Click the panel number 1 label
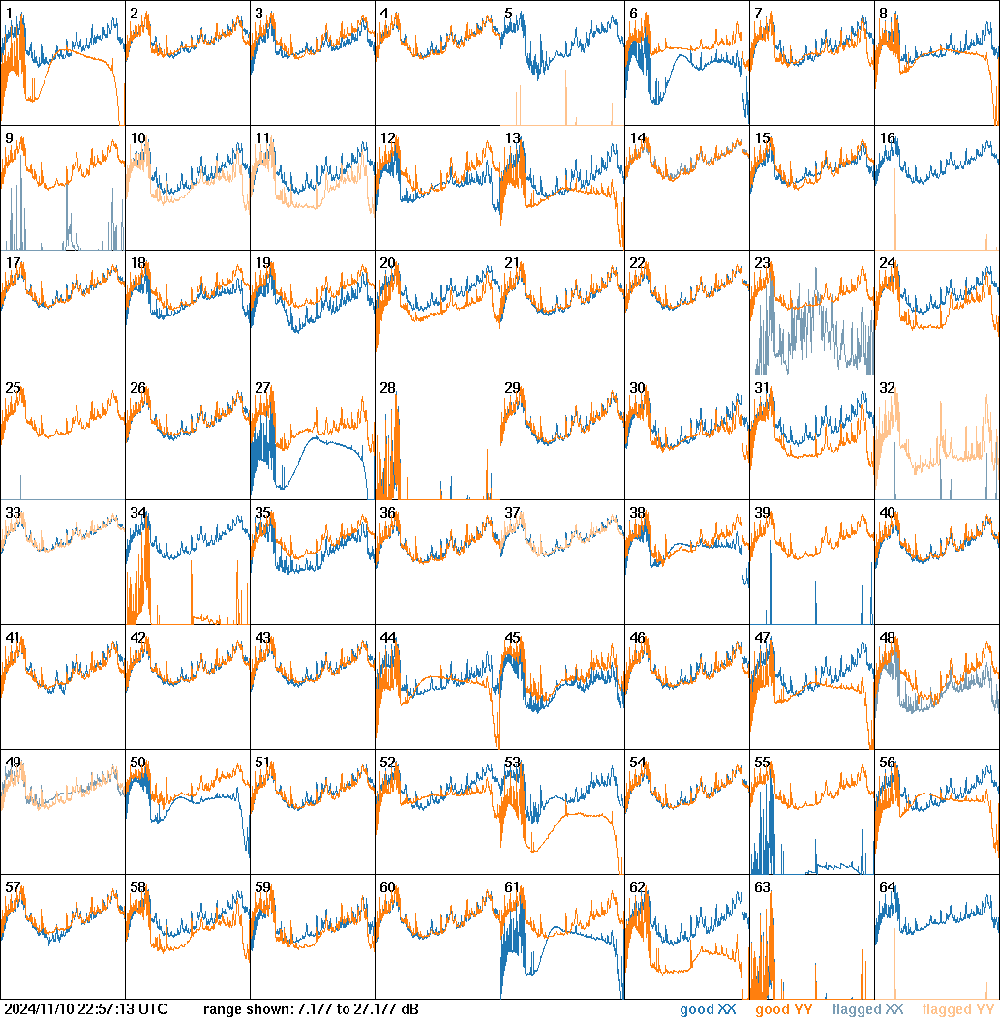[9, 14]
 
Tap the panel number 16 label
[887, 138]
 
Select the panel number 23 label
[762, 263]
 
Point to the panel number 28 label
[387, 388]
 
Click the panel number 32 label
[887, 388]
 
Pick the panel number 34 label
[137, 513]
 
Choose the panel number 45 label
[512, 638]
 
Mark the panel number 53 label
[512, 763]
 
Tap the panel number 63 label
[762, 887]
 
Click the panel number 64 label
[887, 887]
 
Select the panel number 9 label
[9, 138]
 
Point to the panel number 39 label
[762, 513]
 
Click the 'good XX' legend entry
[708, 1010]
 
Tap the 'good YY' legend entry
[783, 1010]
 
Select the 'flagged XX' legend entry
[867, 1010]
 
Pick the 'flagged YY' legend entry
[957, 1010]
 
